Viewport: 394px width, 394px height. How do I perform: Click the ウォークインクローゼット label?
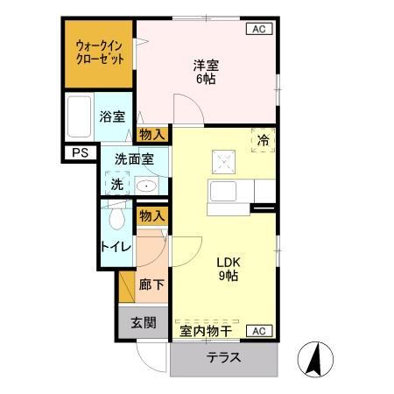pos(99,53)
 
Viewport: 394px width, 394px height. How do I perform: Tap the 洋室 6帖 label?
pos(206,71)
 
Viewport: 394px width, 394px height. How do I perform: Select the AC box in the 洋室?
pos(258,29)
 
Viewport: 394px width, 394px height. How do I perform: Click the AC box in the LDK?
pos(258,330)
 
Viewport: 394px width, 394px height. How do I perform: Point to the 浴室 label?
pos(111,116)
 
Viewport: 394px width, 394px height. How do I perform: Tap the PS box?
pos(81,154)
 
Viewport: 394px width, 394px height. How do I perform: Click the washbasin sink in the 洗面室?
pos(145,186)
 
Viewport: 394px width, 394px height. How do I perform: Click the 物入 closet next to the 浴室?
pos(152,134)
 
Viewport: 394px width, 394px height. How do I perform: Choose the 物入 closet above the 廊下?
pos(152,215)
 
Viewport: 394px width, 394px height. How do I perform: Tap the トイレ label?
pos(116,247)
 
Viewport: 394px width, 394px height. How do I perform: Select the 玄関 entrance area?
pos(144,321)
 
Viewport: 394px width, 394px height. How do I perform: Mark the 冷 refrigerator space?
pos(263,140)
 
